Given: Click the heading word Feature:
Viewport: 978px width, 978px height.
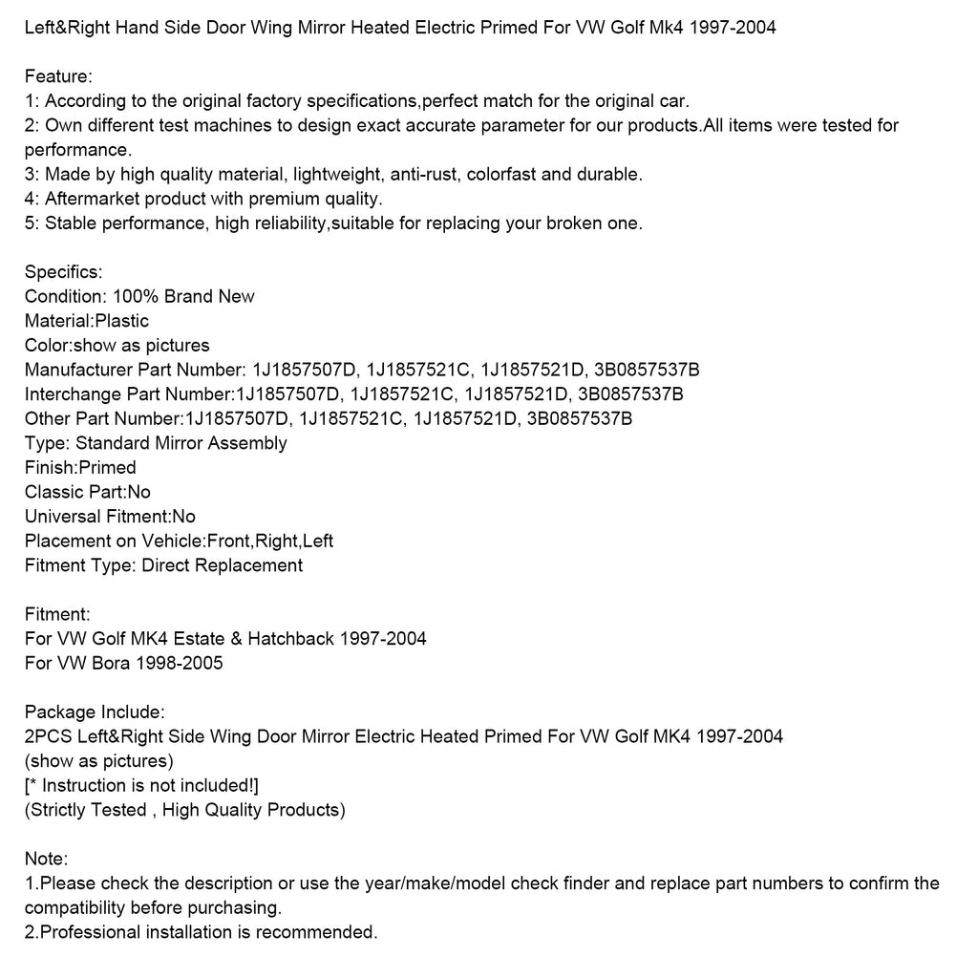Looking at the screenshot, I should [59, 76].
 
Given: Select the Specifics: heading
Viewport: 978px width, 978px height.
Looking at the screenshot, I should [63, 272].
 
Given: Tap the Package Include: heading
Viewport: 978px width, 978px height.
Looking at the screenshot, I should [95, 712].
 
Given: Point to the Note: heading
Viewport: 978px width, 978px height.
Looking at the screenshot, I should [46, 859].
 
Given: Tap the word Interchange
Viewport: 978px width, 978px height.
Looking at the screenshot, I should [73, 394].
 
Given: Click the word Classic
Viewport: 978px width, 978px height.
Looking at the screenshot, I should [53, 492].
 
